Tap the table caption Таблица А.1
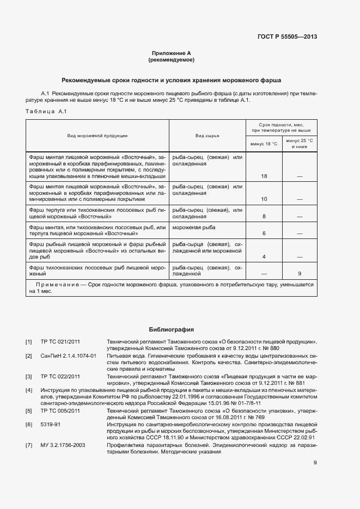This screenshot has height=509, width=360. (x=46, y=112)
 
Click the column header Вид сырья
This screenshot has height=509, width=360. (x=208, y=136)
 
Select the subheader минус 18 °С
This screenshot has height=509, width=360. (x=264, y=144)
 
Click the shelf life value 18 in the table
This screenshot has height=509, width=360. (x=264, y=176)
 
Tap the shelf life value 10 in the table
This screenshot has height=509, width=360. (x=264, y=199)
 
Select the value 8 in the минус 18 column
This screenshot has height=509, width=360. (x=264, y=216)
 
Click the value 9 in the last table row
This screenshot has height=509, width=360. (x=300, y=273)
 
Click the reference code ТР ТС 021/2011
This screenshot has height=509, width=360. (x=60, y=341)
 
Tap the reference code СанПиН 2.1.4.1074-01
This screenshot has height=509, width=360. (x=68, y=355)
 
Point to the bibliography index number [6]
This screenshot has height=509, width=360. (x=29, y=423)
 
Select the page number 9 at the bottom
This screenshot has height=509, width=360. (x=315, y=463)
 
